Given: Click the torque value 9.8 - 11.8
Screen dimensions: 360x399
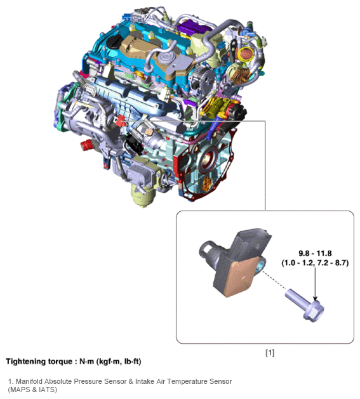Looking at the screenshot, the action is tap(315, 254).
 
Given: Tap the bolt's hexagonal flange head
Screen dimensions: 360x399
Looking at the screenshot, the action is tap(314, 311).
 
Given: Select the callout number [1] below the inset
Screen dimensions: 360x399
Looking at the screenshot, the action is tap(270, 353).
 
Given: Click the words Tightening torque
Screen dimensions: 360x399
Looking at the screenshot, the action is tap(39, 362).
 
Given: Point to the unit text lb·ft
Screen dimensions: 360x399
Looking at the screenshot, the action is tap(131, 362).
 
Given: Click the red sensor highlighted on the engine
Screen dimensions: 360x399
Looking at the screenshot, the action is tap(121, 121).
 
